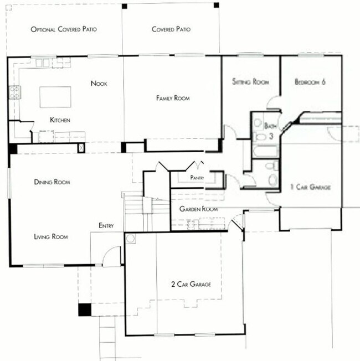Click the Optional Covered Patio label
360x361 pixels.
point(64,29)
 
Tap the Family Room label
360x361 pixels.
point(173,98)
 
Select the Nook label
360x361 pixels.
point(99,84)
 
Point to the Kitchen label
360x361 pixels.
point(60,120)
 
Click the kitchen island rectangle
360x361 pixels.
point(56,96)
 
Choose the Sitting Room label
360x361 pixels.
point(250,82)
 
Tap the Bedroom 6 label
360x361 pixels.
point(310,82)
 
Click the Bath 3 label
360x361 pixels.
point(270,130)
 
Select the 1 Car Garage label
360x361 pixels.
point(311,188)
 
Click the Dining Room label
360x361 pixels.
point(55,182)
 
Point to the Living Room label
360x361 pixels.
point(51,236)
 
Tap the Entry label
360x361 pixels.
point(106,225)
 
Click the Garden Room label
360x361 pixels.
point(198,209)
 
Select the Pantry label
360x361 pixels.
point(197,178)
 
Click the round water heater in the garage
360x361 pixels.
point(131,239)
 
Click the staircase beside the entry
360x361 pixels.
point(133,210)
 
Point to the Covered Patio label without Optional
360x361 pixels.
point(172,29)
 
